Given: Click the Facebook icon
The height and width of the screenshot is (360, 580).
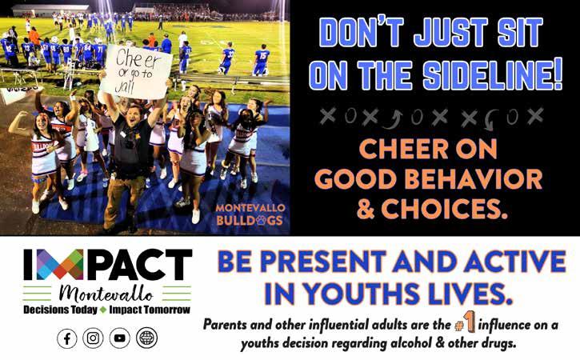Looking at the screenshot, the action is pos(67,338).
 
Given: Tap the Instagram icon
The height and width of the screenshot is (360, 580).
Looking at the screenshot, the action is pos(93,338).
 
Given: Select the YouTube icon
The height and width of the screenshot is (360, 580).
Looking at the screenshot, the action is pos(119,338).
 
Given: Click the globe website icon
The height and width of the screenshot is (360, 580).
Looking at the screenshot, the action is pos(147,338).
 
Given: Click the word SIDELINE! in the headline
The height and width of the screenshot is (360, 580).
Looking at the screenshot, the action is pos(492,75).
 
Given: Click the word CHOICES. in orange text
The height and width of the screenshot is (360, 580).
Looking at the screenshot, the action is pos(444,209).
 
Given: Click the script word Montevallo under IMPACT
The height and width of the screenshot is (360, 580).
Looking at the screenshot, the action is pos(106,294).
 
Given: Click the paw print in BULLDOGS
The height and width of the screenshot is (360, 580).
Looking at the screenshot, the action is pos(261,221).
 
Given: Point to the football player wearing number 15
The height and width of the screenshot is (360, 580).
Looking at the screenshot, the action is pos(261,60).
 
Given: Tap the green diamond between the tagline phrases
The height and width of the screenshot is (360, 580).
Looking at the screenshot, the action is pos(103,310).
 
